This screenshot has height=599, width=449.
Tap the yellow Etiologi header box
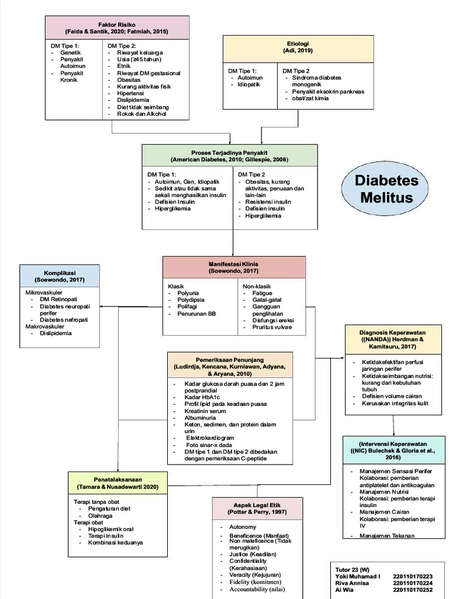tap(298, 47)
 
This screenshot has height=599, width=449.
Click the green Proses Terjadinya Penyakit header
tap(229, 156)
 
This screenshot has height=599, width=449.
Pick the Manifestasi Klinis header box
tap(233, 267)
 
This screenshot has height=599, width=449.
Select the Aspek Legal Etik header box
tap(257, 508)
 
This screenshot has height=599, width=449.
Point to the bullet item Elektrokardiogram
tap(210, 438)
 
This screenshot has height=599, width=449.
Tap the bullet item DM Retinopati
tap(58, 299)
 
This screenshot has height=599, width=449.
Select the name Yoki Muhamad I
tap(358, 576)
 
